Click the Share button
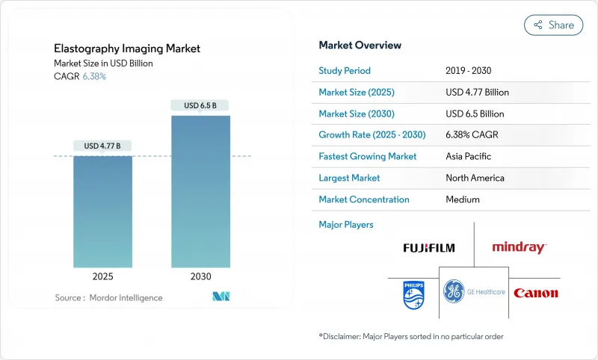coord(553,25)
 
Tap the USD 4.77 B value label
coord(102,146)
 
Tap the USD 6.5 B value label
coord(200,105)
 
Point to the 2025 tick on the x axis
coord(102,276)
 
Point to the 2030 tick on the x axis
coord(200,276)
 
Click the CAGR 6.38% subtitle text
coord(80,76)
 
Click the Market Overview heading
coord(360,46)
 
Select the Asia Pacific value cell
coord(468,157)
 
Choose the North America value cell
coord(474,179)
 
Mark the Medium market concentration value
coord(462,199)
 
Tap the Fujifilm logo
coord(428,248)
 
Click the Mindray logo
coord(519,248)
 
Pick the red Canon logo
coord(536,293)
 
